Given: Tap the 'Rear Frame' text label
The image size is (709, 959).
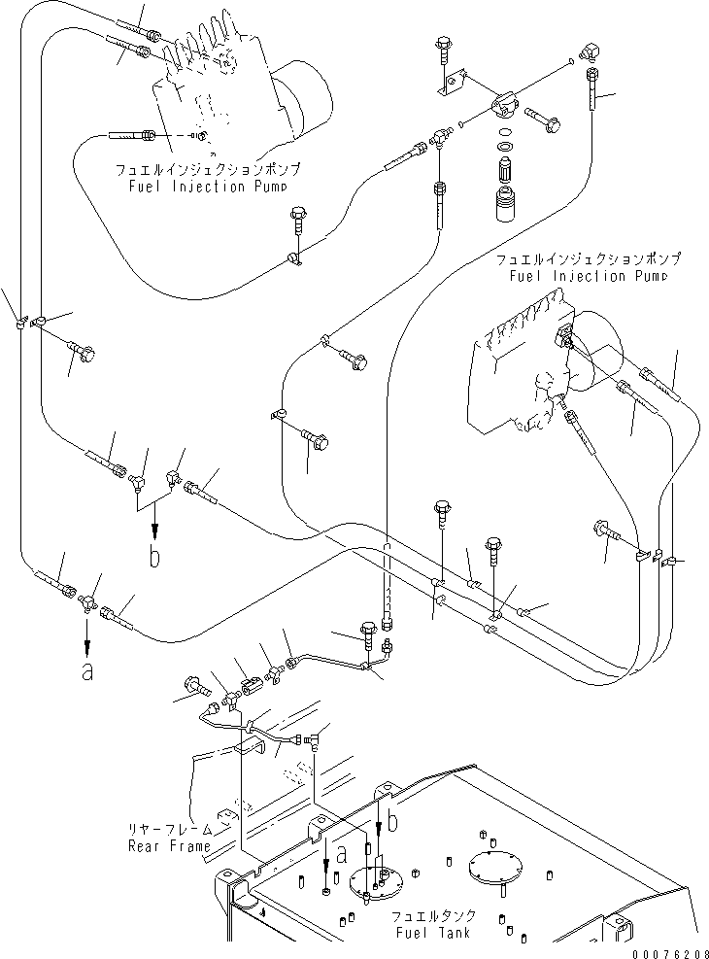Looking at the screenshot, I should (x=168, y=845).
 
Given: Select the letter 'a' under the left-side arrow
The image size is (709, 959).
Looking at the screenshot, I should (x=87, y=671).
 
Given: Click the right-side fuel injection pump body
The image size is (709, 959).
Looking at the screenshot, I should (x=524, y=374).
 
